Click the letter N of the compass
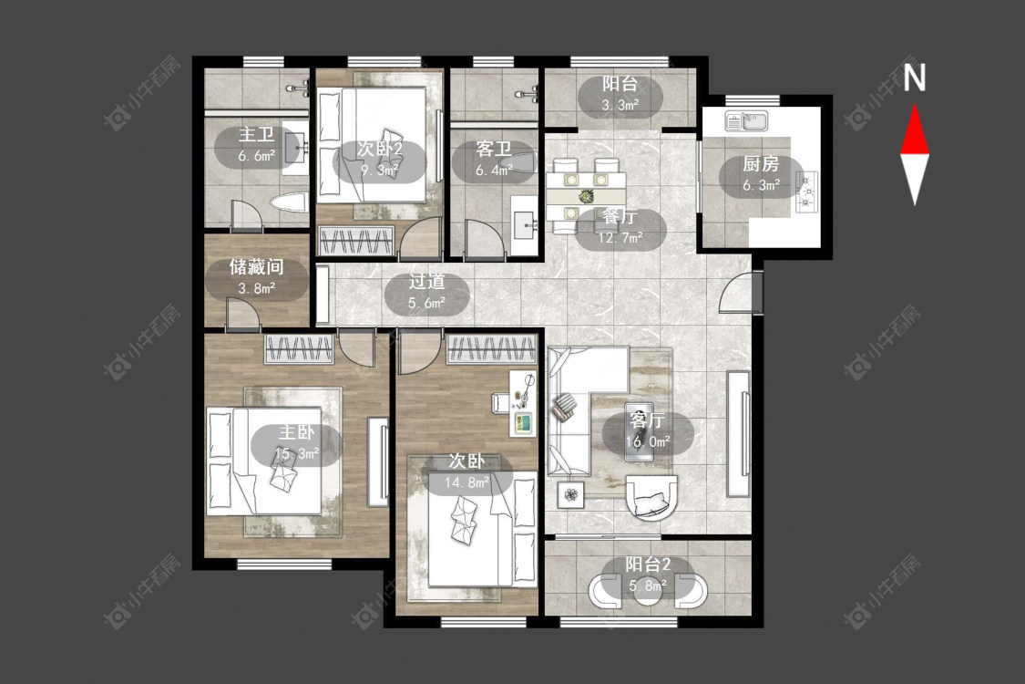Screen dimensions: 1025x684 pyautogui.click(x=915, y=77)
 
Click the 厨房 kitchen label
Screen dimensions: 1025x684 pyautogui.click(x=761, y=164)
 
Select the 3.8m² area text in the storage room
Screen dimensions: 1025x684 pyautogui.click(x=256, y=288)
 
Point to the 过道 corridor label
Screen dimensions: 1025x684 pyautogui.click(x=427, y=282)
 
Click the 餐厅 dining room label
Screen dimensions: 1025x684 pyautogui.click(x=620, y=217)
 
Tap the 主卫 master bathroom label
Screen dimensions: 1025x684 pyautogui.click(x=256, y=135)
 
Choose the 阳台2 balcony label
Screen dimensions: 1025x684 pyautogui.click(x=648, y=565)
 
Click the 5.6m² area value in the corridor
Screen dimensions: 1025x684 pyautogui.click(x=427, y=303)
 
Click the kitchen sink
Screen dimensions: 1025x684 pyautogui.click(x=746, y=121)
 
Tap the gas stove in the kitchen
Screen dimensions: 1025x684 pyautogui.click(x=806, y=192)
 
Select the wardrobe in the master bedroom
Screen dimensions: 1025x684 pyautogui.click(x=300, y=348)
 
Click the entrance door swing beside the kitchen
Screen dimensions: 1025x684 pyautogui.click(x=737, y=292)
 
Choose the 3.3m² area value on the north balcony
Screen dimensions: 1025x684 pyautogui.click(x=620, y=105)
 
